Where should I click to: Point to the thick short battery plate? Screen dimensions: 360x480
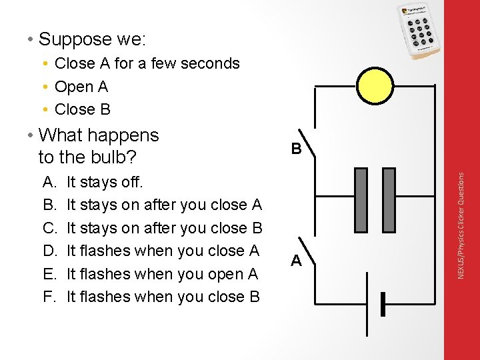coord(383,304)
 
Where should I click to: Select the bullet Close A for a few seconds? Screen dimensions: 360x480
coord(147,63)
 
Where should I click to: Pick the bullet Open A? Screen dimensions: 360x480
coord(81,87)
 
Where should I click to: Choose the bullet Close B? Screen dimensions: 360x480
coord(82,109)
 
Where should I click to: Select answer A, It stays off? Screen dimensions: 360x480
coord(105,182)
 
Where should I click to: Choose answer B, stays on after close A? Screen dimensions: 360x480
coord(164,205)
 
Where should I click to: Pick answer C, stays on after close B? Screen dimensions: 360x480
coord(164,228)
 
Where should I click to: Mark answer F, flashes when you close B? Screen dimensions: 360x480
coord(163,297)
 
